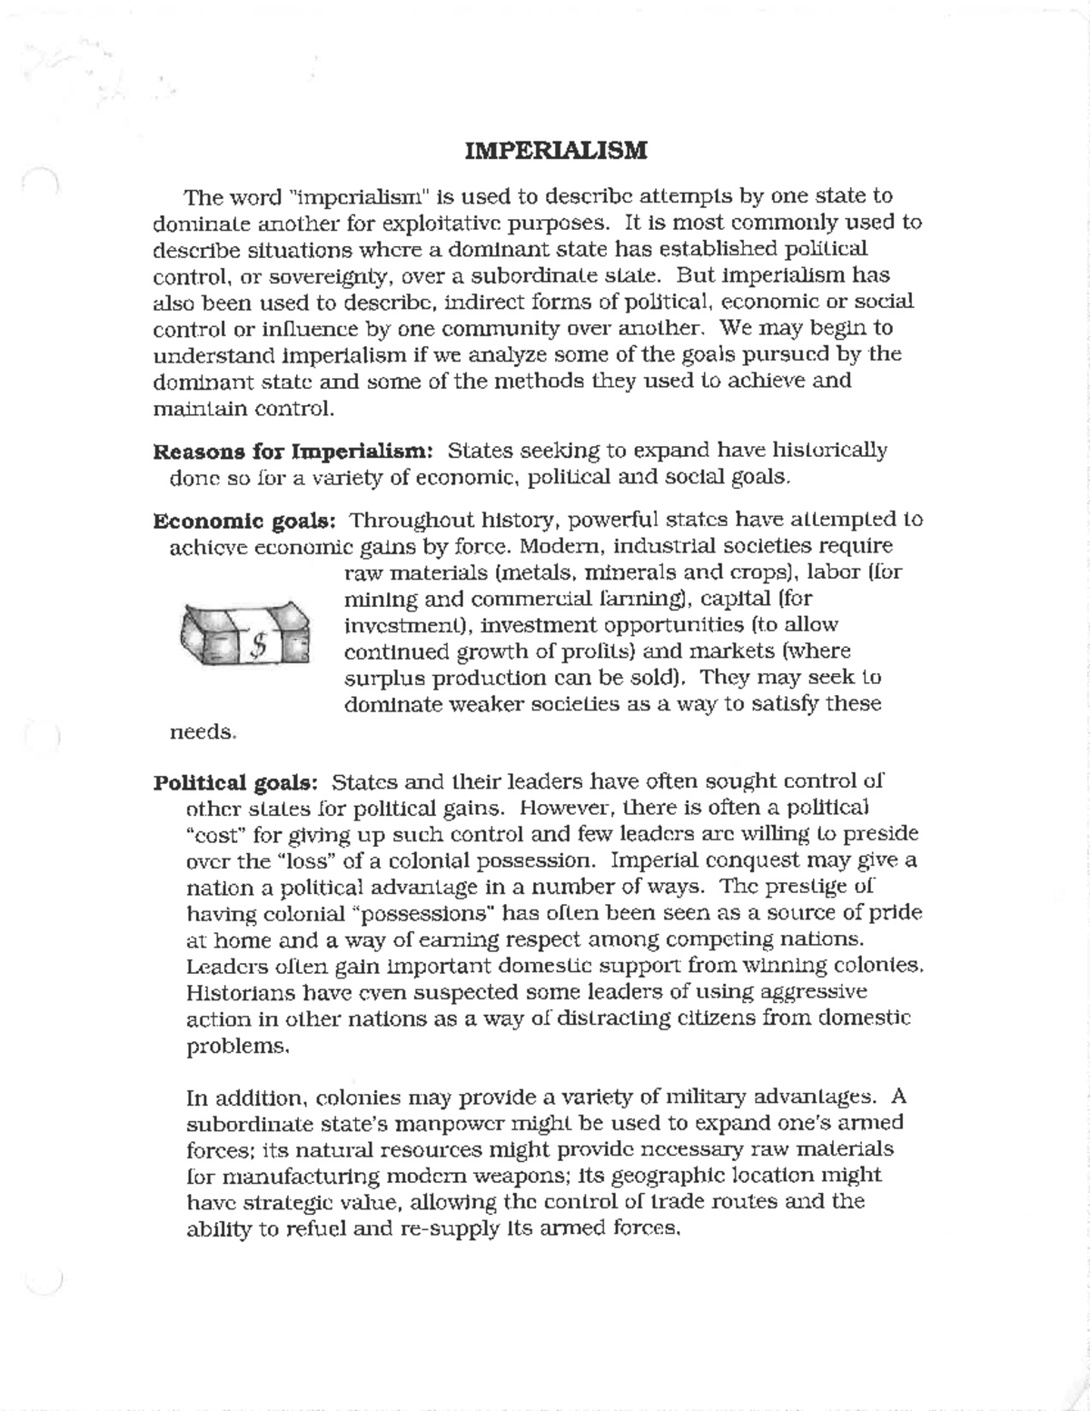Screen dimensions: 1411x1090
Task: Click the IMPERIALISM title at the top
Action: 555,150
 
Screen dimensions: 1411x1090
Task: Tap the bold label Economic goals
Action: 245,521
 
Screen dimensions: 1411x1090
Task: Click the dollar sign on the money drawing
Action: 258,645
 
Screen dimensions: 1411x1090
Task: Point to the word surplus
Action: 381,679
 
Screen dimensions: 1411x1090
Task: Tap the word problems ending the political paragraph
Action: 224,1046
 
